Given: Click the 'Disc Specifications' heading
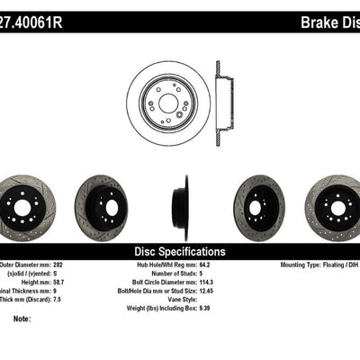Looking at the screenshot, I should coord(180,251).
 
